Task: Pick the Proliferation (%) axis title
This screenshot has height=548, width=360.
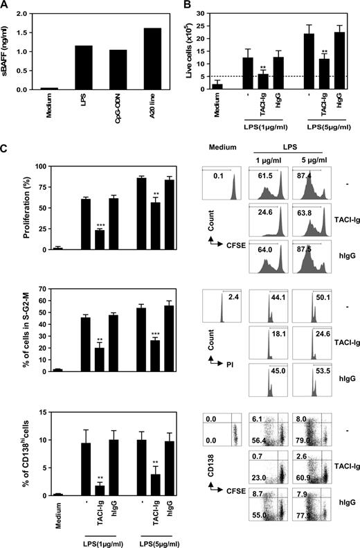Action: coord(8,208)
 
